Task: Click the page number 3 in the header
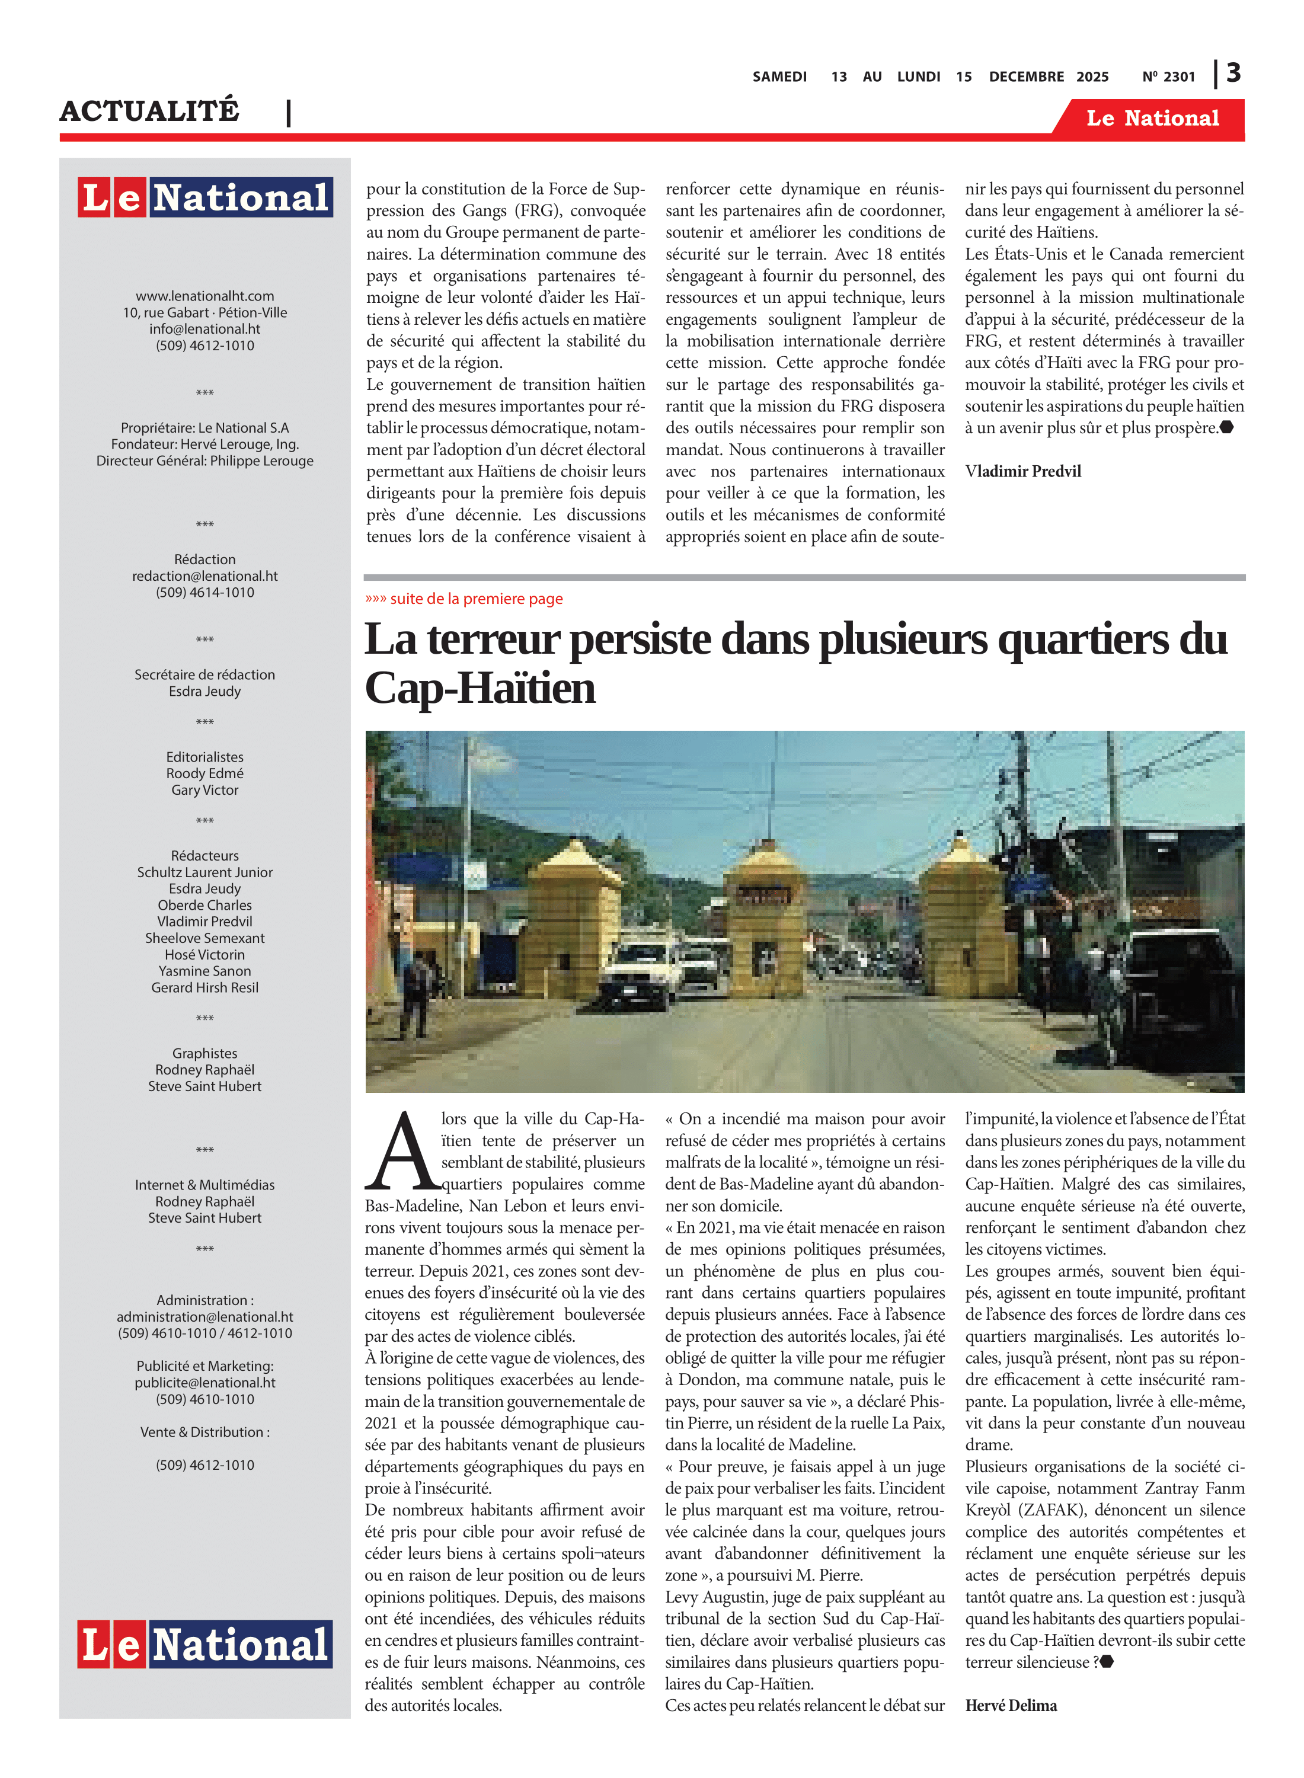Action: [x=1233, y=73]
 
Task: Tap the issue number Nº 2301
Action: [x=1168, y=76]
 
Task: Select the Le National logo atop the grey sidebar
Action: [x=204, y=197]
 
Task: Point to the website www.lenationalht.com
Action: [x=204, y=296]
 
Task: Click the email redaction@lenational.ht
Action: [x=204, y=576]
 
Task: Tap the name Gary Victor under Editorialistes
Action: [x=204, y=790]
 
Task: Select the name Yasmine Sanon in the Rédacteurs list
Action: [x=204, y=971]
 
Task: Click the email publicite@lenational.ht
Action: [x=204, y=1383]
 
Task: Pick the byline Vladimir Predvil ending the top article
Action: [x=1022, y=471]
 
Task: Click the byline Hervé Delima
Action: [x=1011, y=1705]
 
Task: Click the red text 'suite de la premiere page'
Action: [x=476, y=599]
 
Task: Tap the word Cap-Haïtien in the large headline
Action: [x=480, y=689]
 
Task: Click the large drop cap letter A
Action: [x=402, y=1153]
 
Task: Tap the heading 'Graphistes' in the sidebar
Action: [x=204, y=1054]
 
